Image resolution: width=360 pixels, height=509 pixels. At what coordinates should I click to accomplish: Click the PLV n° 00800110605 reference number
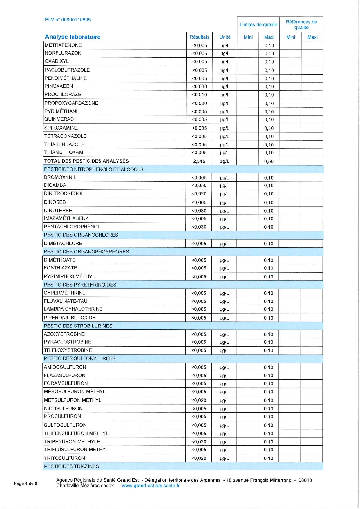coord(68,20)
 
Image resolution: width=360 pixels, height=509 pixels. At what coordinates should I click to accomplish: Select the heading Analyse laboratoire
coord(73,37)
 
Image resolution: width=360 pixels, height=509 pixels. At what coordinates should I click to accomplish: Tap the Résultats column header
coord(199,37)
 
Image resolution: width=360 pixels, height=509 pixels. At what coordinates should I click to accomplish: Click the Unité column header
coord(225,37)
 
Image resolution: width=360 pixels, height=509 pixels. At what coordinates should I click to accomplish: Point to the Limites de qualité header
coord(258,25)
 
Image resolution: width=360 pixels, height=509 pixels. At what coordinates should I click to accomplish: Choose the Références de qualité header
coord(301,25)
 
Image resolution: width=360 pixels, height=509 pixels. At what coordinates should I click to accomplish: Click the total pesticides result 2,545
coord(199,161)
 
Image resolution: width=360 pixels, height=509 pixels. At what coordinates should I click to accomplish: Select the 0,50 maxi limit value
coord(269,161)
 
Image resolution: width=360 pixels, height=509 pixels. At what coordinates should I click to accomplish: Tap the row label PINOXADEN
coord(59,86)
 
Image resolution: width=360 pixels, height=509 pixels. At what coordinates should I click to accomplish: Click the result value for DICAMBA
coord(199,186)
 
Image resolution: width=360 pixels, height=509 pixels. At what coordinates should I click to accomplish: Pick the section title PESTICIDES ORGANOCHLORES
coord(81,235)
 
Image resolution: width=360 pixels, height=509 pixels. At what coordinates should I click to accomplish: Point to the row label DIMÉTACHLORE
coord(63,243)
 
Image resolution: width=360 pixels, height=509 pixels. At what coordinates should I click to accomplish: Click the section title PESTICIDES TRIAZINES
coord(71,466)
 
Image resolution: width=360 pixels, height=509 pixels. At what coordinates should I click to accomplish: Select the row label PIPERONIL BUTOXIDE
coord(70,318)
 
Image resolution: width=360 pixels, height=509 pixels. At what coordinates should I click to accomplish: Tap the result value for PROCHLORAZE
coord(199,95)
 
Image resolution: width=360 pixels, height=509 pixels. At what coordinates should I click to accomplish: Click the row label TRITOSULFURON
coord(64,458)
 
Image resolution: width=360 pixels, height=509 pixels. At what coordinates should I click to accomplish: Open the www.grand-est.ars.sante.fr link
coord(151,486)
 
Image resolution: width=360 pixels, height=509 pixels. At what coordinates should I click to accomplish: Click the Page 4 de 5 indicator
coord(25,483)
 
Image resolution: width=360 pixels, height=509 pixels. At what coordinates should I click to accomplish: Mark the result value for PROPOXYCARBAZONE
coord(199,103)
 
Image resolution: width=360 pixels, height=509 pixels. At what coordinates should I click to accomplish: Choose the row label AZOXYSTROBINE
coord(64,334)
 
